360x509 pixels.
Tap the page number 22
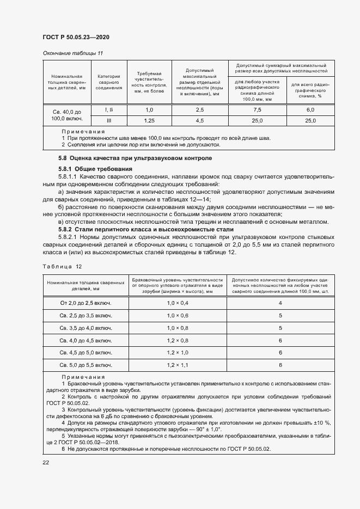[x=46, y=462]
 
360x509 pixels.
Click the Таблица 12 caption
[x=62, y=266]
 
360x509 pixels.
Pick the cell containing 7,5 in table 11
[x=257, y=109]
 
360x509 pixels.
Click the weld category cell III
[x=109, y=120]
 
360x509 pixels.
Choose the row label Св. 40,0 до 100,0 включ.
[x=66, y=114]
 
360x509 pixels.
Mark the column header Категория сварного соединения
[x=109, y=82]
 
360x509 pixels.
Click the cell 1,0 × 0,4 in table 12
[x=178, y=303]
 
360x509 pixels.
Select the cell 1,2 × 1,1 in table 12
[x=178, y=365]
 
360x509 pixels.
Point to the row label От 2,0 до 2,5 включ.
[x=86, y=303]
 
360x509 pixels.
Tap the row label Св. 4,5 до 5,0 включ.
[x=86, y=352]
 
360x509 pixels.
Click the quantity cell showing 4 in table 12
[x=280, y=303]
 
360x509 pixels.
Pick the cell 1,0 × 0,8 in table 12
[x=178, y=328]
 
